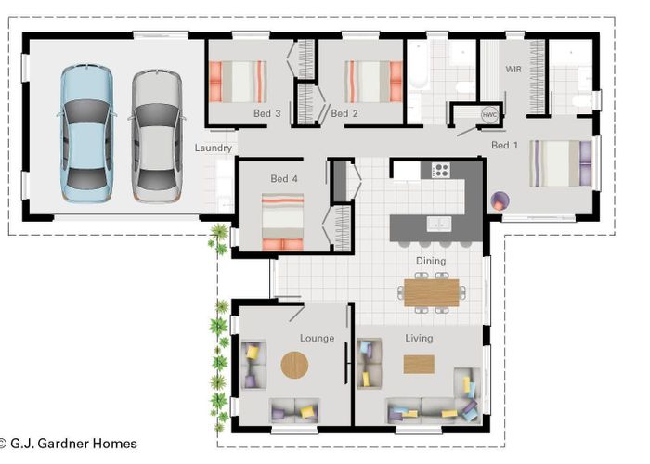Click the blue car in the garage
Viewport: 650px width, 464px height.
pos(86,134)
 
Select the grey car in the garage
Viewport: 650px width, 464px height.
pos(157,135)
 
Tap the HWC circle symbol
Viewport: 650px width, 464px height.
pos(489,115)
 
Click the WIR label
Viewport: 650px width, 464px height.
pos(513,70)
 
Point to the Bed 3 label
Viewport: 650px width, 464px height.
pos(267,113)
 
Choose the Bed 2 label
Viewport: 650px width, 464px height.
pos(344,113)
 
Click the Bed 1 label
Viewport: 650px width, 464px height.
pos(504,145)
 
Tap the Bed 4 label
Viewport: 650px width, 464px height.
pos(284,178)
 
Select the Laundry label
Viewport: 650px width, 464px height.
pos(213,148)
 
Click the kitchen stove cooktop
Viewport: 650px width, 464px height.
pos(441,170)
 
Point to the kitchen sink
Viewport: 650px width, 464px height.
pos(439,224)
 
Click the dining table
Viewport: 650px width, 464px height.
pos(431,293)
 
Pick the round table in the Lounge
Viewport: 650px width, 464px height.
pos(294,365)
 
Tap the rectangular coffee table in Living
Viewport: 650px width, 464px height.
pos(419,364)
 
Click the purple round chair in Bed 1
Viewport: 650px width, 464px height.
pos(500,201)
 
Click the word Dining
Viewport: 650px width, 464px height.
pos(431,261)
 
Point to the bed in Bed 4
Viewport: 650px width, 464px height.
pos(282,222)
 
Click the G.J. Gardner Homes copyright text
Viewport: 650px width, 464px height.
pos(69,444)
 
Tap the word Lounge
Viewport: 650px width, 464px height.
pos(318,339)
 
